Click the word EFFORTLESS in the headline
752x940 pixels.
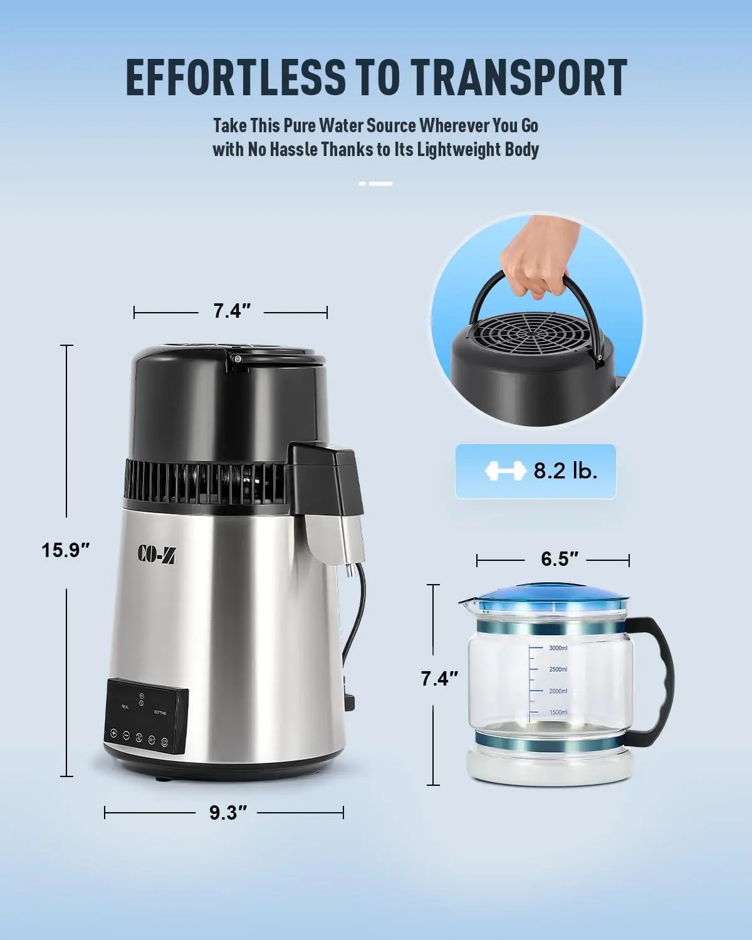pos(236,78)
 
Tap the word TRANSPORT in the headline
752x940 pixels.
pos(520,78)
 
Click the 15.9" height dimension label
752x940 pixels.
pos(66,550)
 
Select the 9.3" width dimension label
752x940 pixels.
pos(228,813)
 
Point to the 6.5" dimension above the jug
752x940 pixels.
pos(559,559)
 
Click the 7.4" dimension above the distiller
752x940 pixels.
pos(232,311)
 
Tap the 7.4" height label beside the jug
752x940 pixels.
pos(439,678)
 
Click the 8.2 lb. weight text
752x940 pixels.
pos(565,471)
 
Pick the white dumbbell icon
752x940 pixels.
pos(505,471)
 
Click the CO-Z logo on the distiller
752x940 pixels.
pos(157,554)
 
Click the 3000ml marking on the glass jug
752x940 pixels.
pos(557,648)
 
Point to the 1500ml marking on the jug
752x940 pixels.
pos(557,713)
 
